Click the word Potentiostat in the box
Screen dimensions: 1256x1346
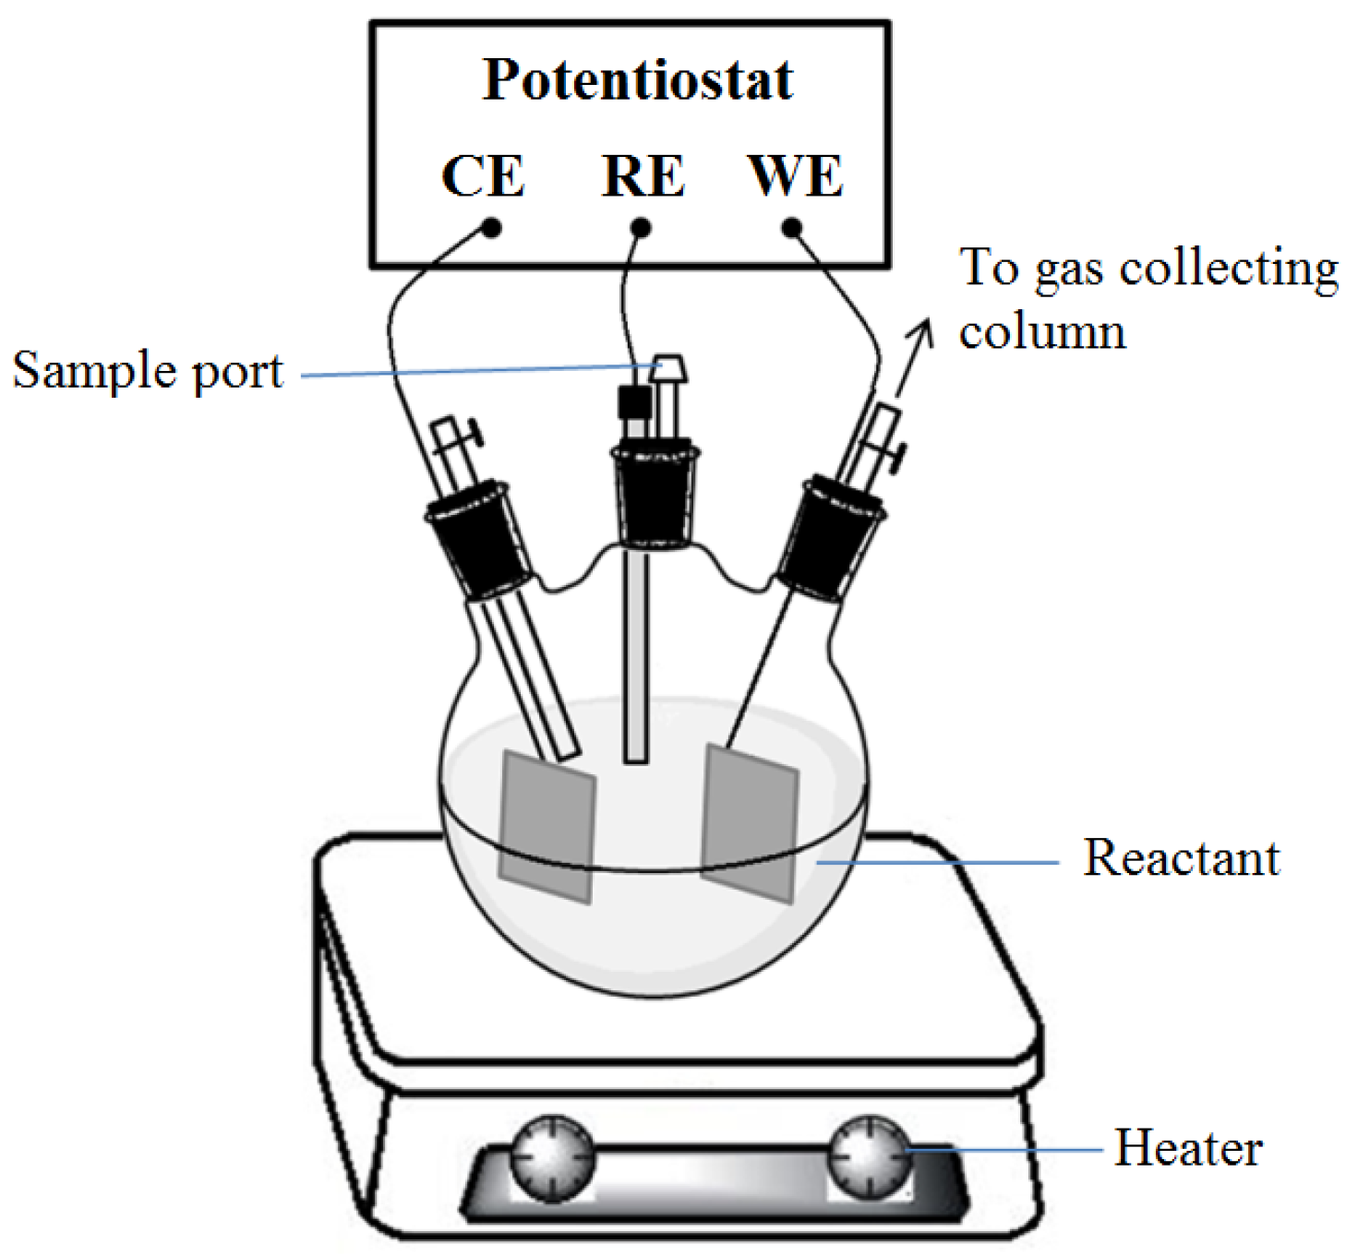pyautogui.click(x=637, y=80)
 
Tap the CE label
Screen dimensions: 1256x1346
pyautogui.click(x=483, y=175)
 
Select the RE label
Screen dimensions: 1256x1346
pyautogui.click(x=643, y=175)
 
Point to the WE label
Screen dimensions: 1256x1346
pyautogui.click(x=795, y=175)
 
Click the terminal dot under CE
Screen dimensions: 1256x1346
pyautogui.click(x=492, y=227)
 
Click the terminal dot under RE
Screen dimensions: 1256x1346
pyautogui.click(x=641, y=227)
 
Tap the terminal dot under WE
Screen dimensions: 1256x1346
pyautogui.click(x=792, y=227)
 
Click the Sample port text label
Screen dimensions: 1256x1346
pyautogui.click(x=148, y=371)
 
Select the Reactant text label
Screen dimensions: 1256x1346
pyautogui.click(x=1181, y=858)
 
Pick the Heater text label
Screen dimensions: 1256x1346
pyautogui.click(x=1187, y=1148)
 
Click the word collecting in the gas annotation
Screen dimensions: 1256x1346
pyautogui.click(x=1228, y=269)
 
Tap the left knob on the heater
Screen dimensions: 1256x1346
pyautogui.click(x=552, y=1158)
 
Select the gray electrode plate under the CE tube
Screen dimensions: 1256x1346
pyautogui.click(x=547, y=826)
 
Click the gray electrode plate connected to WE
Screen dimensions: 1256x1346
pyautogui.click(x=750, y=821)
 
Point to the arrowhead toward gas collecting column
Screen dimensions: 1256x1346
pyautogui.click(x=921, y=332)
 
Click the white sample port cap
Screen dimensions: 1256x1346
pyautogui.click(x=668, y=367)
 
